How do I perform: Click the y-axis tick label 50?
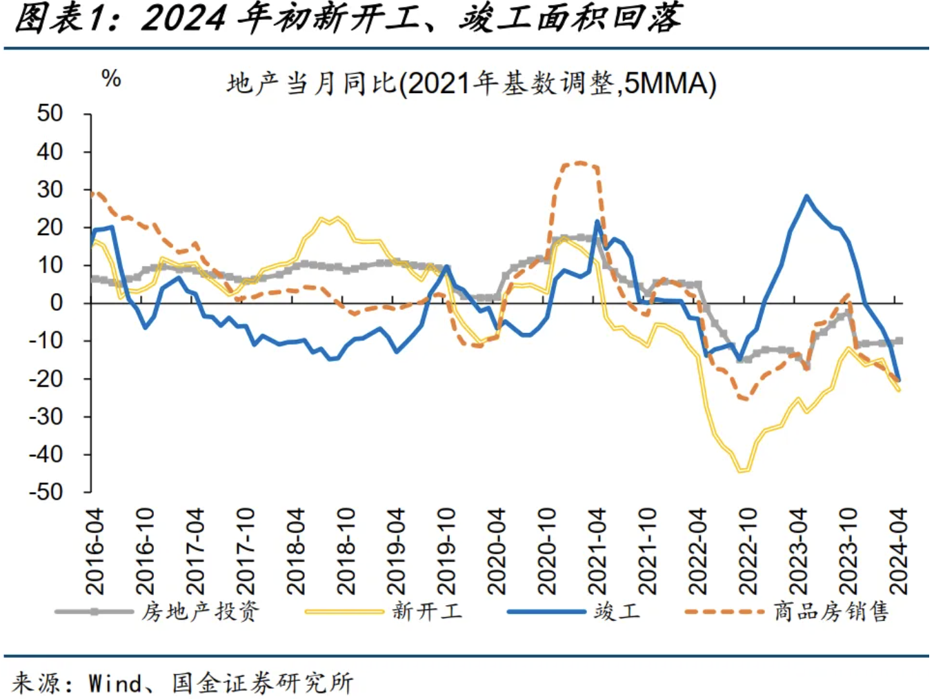pos(50,114)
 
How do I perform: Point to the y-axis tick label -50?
pos(46,492)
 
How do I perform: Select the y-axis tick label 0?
pos(56,303)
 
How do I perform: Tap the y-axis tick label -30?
pos(46,416)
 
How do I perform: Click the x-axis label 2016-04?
pos(95,551)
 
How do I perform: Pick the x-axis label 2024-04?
pos(898,551)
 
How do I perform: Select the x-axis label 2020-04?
pos(496,551)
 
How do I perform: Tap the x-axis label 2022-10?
pos(748,551)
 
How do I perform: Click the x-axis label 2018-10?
pos(346,551)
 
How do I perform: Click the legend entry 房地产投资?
pos(200,611)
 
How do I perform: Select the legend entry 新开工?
pos(427,611)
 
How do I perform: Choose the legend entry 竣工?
pos(617,611)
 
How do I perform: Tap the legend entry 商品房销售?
pos(831,611)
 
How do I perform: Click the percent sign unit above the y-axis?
pos(111,79)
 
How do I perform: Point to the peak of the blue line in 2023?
pos(806,196)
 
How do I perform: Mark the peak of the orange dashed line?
pos(578,163)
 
